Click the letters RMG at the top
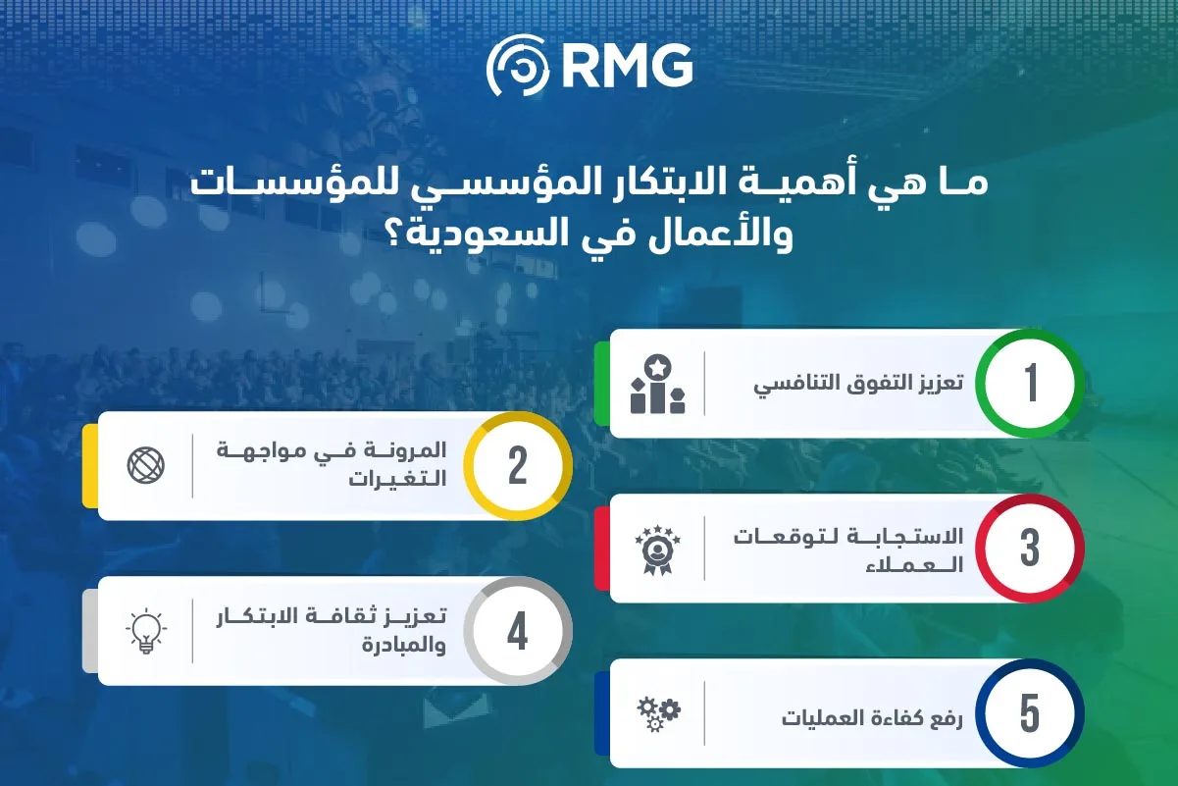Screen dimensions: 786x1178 [628, 68]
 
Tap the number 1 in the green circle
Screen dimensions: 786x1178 [1030, 383]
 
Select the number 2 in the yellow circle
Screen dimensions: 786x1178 [517, 466]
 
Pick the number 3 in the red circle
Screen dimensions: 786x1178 [1030, 549]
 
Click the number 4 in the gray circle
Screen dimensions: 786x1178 [517, 632]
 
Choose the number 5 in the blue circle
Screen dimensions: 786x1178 [1030, 713]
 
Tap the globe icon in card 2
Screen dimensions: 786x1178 [146, 464]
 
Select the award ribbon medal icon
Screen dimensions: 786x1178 [655, 550]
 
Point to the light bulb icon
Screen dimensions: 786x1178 [146, 631]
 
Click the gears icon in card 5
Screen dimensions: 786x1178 [655, 713]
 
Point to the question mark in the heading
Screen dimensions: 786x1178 [397, 236]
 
